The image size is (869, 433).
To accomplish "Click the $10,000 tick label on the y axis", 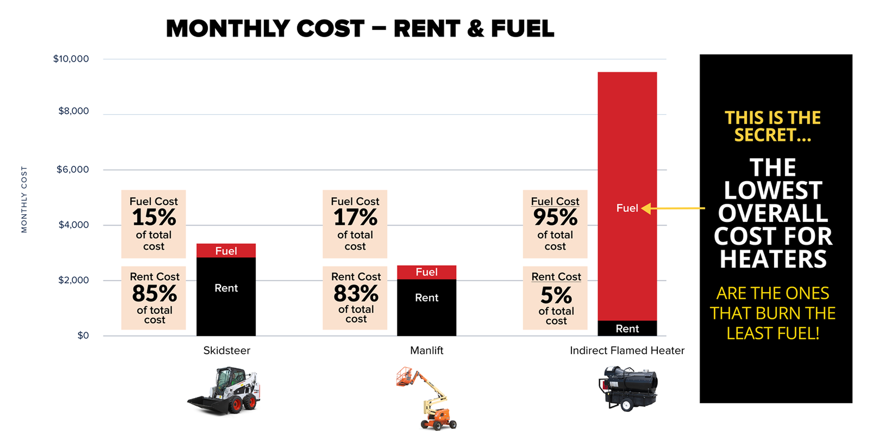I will coord(71,59).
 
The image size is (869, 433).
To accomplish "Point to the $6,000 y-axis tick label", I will coord(72,169).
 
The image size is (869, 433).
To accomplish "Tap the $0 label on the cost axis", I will coord(83,335).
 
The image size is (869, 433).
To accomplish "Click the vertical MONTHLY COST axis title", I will coord(24,199).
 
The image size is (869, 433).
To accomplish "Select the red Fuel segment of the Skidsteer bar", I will coord(226,251).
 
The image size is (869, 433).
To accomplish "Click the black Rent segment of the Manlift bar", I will coord(426,307).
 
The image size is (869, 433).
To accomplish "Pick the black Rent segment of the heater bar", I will coord(627,328).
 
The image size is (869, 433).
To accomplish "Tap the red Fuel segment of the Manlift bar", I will coord(426,272).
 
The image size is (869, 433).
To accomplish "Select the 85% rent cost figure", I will coord(154,293).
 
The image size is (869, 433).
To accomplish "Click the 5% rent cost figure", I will coord(556,295).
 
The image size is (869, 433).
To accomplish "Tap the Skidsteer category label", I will coord(227,350).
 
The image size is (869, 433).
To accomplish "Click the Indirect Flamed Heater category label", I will coord(627,350).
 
